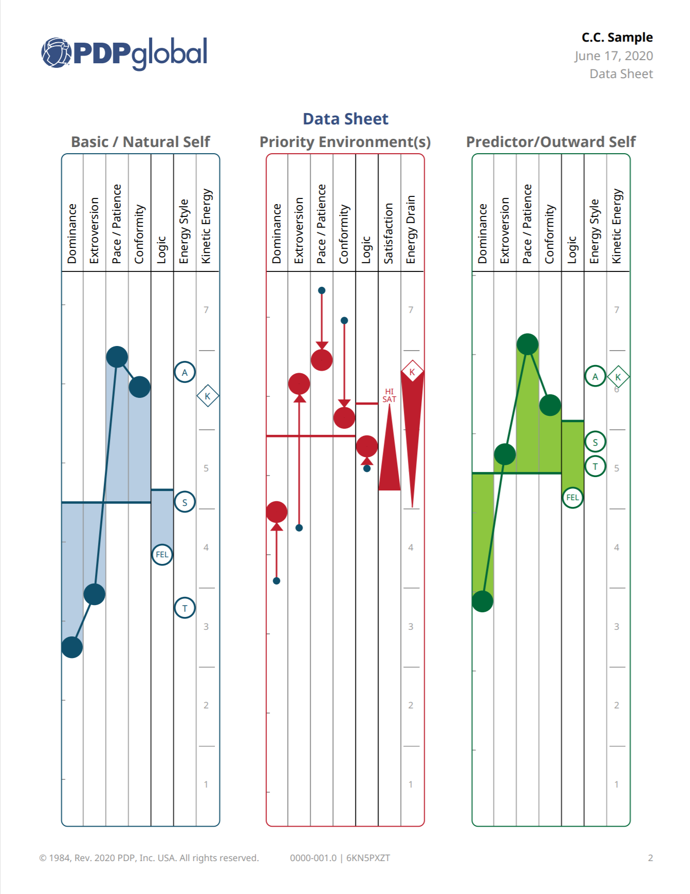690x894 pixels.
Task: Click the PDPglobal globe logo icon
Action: tap(55, 52)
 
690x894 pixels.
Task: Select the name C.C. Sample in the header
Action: tap(617, 38)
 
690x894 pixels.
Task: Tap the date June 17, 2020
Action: tap(613, 56)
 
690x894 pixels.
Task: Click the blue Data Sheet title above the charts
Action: tap(345, 119)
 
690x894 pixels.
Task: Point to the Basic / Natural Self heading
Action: tap(140, 142)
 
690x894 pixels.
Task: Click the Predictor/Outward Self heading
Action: tap(551, 142)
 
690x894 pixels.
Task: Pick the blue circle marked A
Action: tap(185, 372)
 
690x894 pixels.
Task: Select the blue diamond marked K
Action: tap(208, 396)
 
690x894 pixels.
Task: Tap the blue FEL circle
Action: tap(162, 554)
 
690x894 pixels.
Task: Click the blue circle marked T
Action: tap(185, 608)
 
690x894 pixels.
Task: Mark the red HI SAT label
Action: tap(389, 395)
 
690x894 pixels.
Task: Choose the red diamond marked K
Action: tap(412, 372)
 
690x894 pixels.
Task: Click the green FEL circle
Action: tap(572, 497)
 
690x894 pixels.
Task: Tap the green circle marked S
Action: tap(595, 442)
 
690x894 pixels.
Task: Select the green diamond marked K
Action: tap(618, 377)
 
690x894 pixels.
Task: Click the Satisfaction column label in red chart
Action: tap(389, 233)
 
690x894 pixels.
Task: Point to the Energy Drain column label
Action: tap(411, 229)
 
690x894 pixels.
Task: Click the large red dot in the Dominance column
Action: tap(276, 512)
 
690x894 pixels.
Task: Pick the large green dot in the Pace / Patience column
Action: tap(527, 344)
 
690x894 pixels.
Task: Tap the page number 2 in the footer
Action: tap(650, 857)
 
